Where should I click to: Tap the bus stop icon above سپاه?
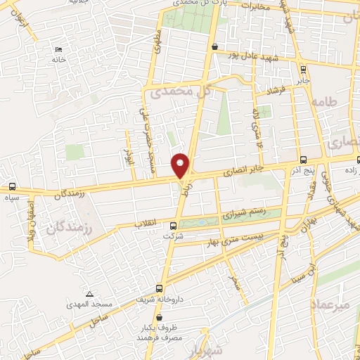[12, 187]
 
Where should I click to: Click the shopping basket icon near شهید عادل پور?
[214, 46]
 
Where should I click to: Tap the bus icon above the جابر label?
[303, 69]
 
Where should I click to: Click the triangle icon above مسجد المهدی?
[89, 294]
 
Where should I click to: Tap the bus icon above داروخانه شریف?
[159, 288]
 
